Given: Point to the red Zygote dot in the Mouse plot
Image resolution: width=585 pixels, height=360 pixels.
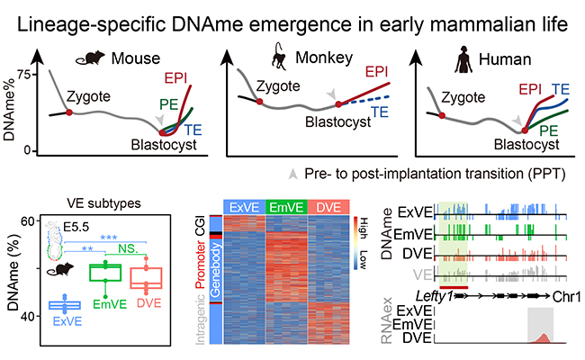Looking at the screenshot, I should click(x=68, y=112).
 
